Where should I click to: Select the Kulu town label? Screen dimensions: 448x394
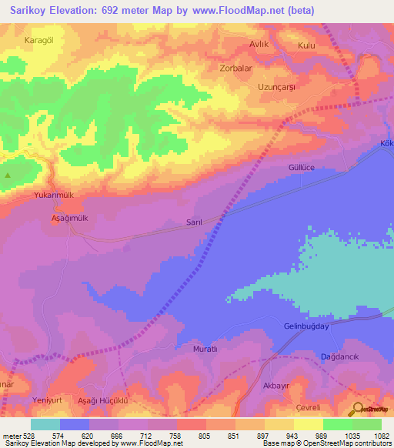coord(307,45)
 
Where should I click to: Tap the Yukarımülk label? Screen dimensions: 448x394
coord(54,196)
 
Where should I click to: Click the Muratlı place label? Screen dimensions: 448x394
coord(205,349)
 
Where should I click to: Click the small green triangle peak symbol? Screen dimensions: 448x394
coord(8,175)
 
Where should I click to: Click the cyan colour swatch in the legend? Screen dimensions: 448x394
coord(45,424)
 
